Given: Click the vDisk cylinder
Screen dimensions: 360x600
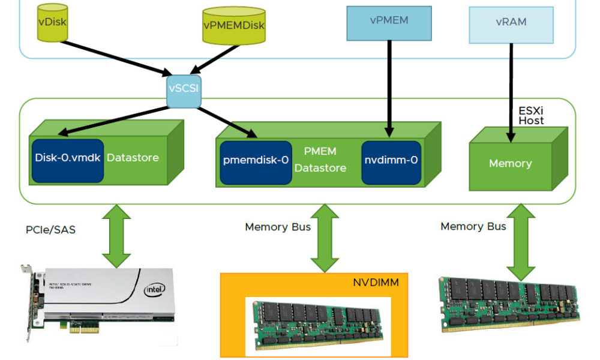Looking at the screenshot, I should (x=52, y=23).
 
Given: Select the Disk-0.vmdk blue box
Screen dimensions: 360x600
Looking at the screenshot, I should (x=67, y=158).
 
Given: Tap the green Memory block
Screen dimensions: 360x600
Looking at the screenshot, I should (x=510, y=163).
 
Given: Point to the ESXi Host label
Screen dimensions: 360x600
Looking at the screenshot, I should (x=531, y=115).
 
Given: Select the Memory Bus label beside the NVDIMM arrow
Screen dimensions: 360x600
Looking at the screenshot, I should (x=277, y=227).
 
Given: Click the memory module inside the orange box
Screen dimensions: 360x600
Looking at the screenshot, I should (x=318, y=324).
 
